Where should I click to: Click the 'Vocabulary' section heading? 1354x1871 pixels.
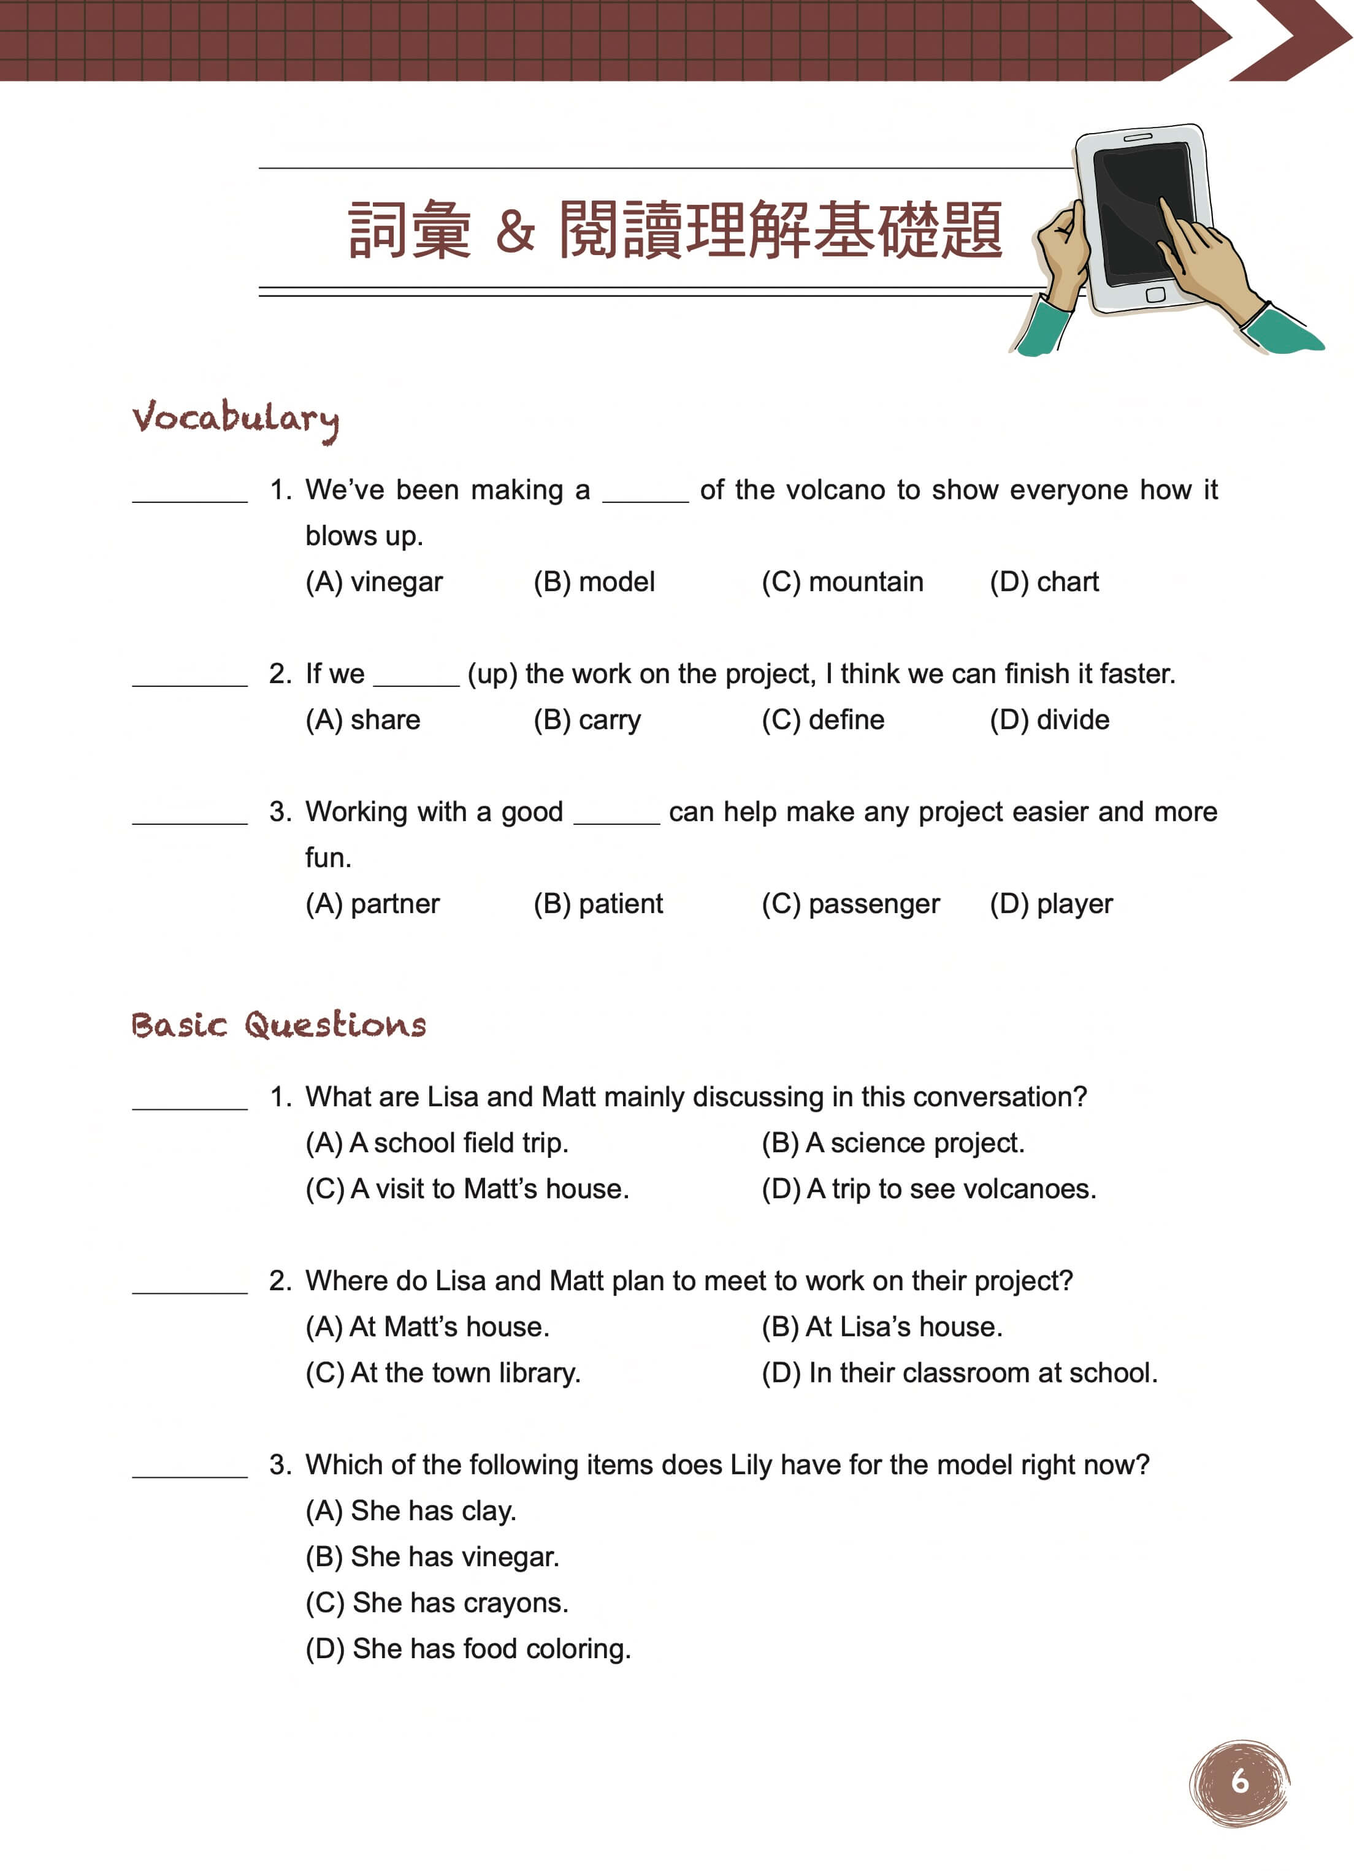(235, 419)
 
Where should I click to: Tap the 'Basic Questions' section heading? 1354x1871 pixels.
(278, 1025)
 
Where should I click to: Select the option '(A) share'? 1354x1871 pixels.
(362, 719)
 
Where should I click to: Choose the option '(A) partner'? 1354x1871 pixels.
(372, 903)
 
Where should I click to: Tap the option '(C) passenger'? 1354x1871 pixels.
(850, 903)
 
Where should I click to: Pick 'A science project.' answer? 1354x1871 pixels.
(893, 1142)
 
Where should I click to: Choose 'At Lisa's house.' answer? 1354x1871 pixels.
(881, 1326)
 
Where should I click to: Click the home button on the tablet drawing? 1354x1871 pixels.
(1155, 294)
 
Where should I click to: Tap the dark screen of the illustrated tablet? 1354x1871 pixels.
(1130, 206)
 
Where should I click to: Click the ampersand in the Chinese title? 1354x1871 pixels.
(515, 230)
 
